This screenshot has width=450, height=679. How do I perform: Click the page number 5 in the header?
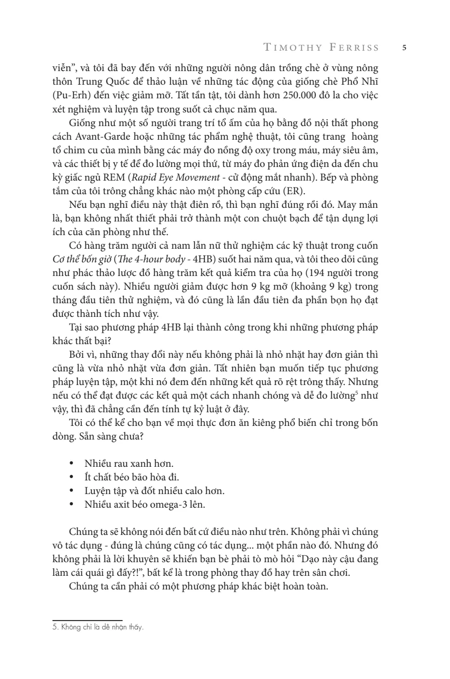[x=404, y=48]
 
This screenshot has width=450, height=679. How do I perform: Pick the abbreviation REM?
[x=115, y=178]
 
